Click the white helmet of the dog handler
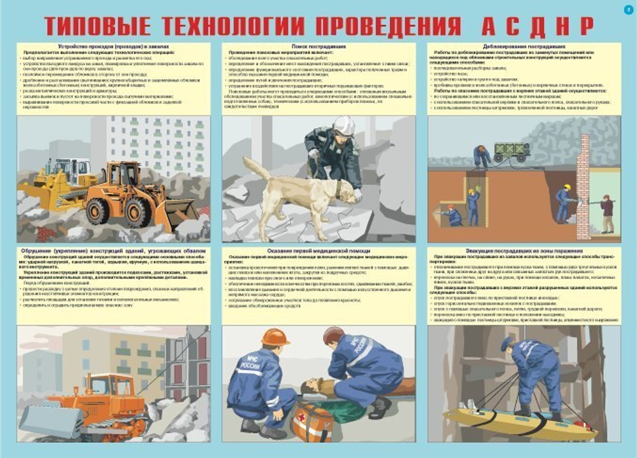[x=344, y=125]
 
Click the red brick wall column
[x=582, y=194]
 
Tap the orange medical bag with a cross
[x=311, y=422]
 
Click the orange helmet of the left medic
[x=275, y=337]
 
